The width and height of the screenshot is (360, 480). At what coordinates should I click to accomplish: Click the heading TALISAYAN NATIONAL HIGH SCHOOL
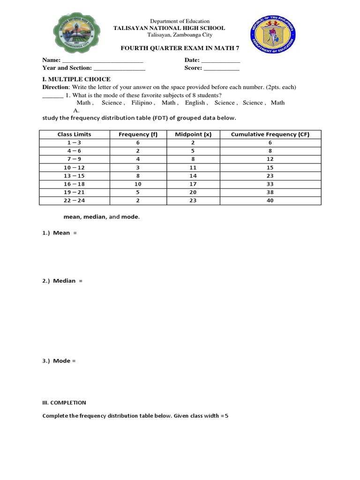point(169,28)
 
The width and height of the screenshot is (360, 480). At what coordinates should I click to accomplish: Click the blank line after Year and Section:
point(119,68)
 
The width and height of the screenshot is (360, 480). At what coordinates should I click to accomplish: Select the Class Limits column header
point(74,134)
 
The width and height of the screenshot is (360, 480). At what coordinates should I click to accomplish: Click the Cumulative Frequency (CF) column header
point(270,134)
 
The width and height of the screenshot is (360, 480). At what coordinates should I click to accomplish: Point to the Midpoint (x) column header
point(193,134)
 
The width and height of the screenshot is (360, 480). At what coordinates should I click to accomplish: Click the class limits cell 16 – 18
point(74,184)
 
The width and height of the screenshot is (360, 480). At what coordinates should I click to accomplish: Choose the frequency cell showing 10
point(138,184)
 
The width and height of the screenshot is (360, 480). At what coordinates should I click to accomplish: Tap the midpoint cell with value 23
point(193,201)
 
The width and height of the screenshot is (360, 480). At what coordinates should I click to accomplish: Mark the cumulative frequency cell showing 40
point(270,201)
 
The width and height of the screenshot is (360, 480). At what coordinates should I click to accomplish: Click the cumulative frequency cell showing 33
point(270,184)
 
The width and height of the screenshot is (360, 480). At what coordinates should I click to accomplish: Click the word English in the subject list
point(195,103)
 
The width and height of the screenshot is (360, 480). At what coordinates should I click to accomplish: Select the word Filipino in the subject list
point(142,103)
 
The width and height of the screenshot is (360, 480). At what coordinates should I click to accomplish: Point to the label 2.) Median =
point(62,281)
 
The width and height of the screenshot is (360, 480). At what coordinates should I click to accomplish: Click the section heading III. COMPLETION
point(64,403)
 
